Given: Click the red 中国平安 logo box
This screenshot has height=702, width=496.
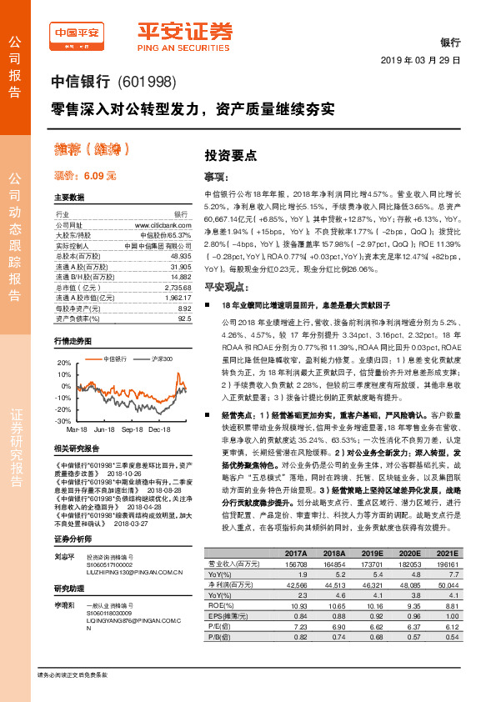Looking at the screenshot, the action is pos(78,35).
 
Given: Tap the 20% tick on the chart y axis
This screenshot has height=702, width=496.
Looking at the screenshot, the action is pos(64,364).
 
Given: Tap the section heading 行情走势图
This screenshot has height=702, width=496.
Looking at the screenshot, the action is pos(73,342).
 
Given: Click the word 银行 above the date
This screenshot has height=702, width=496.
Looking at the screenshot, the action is pos(449,41).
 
